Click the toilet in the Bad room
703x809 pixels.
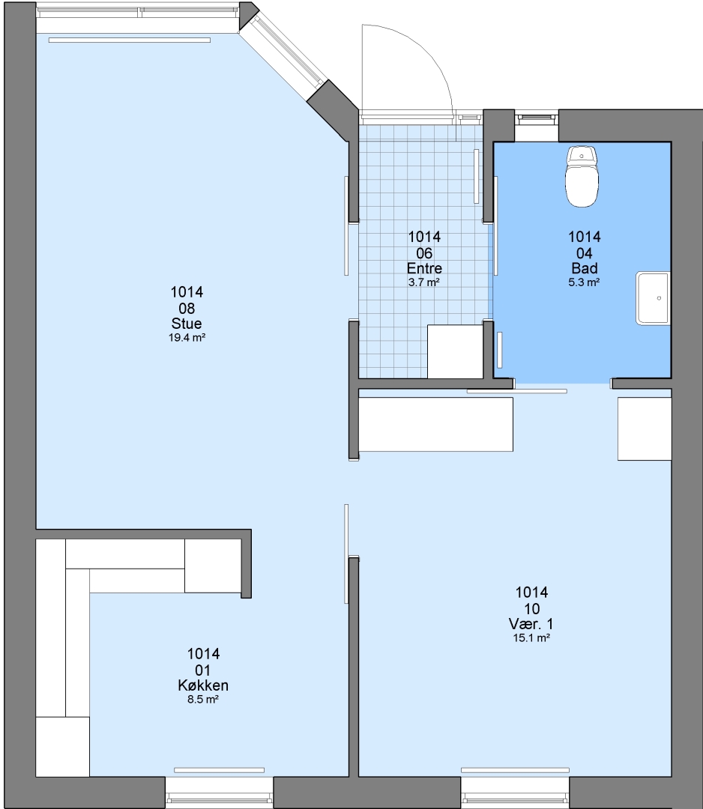click(582, 177)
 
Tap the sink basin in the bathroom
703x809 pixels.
click(653, 298)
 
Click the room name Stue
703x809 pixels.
click(187, 324)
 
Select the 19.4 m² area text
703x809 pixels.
click(187, 338)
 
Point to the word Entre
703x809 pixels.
click(424, 268)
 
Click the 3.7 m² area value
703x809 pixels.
click(424, 282)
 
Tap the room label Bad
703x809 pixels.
click(585, 268)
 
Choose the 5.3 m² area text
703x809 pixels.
click(584, 282)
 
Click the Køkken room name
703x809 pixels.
click(203, 685)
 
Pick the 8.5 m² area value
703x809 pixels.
click(203, 700)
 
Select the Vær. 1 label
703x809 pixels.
click(531, 623)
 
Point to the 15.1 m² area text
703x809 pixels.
click(531, 637)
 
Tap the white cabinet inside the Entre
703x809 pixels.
click(455, 351)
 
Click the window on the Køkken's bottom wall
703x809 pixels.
click(219, 793)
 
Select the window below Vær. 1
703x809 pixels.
click(515, 793)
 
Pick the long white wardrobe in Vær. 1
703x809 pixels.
click(436, 424)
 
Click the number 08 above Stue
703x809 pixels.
click(187, 309)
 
